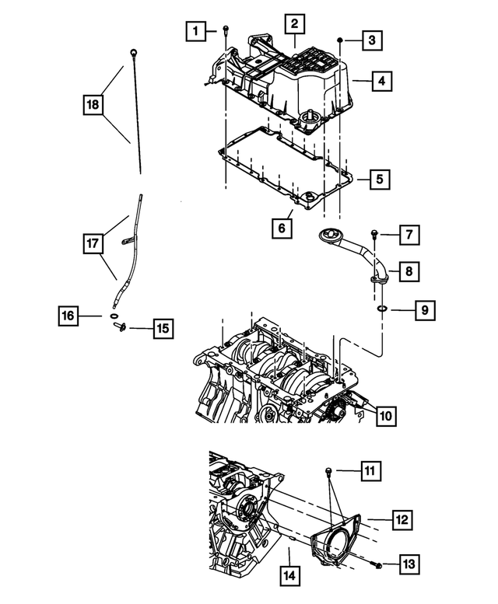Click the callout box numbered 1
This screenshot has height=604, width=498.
[x=197, y=31]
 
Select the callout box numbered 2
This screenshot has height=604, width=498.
[x=294, y=25]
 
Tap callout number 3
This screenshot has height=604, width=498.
[x=373, y=39]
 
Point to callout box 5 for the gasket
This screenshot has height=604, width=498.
[x=378, y=180]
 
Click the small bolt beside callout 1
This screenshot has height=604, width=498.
[x=225, y=30]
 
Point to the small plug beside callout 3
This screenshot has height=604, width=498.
[x=340, y=39]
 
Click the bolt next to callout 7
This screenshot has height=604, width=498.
[x=374, y=232]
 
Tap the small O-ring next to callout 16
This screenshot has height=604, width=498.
[x=114, y=317]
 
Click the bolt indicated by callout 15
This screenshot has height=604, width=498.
[x=120, y=328]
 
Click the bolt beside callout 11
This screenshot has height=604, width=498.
[x=329, y=470]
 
